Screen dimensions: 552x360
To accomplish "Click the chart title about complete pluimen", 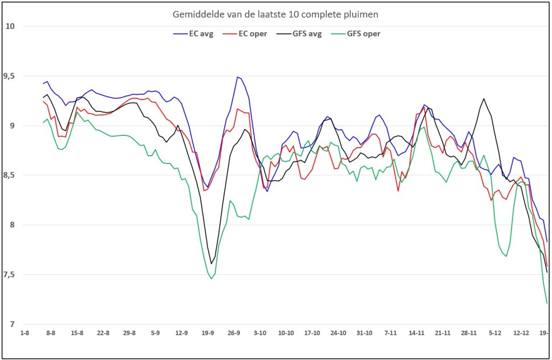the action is click(x=275, y=15).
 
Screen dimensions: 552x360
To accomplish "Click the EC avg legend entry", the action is click(x=194, y=34).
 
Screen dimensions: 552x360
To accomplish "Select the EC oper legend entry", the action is click(x=245, y=34).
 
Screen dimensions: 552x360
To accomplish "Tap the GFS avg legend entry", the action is click(x=299, y=34).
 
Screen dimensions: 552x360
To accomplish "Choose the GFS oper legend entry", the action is click(x=356, y=34).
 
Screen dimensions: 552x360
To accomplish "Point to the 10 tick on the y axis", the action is click(x=10, y=26).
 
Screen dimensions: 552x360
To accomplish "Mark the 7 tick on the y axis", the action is click(x=12, y=324).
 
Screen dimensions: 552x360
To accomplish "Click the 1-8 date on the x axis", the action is click(x=24, y=333).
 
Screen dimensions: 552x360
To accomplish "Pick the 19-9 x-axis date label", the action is click(x=208, y=333).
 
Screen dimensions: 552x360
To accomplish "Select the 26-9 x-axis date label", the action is click(x=234, y=333).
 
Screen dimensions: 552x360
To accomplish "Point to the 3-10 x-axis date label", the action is click(x=260, y=333).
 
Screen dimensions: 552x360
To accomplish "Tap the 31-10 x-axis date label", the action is click(x=364, y=333).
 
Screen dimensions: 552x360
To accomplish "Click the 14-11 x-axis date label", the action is click(x=417, y=333).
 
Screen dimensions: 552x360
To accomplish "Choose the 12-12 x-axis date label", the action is click(x=521, y=333).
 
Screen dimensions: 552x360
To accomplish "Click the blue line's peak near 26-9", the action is click(x=238, y=77).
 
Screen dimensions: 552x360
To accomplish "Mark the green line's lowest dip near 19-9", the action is click(x=211, y=279).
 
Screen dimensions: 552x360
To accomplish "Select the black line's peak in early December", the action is click(x=484, y=99).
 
